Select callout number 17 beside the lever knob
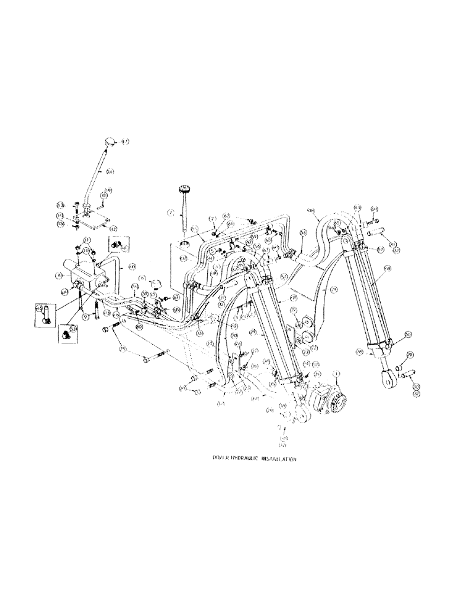pos(125,142)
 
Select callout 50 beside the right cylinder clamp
pos(408,335)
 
